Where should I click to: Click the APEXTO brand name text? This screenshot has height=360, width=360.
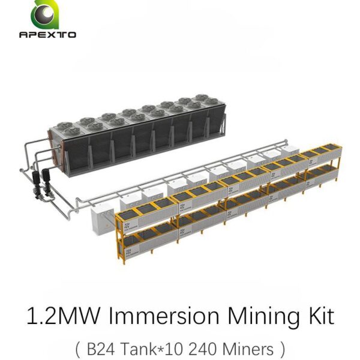pyautogui.click(x=48, y=35)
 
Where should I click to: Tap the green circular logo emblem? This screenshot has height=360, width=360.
pyautogui.click(x=45, y=14)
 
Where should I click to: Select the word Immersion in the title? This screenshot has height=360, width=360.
pyautogui.click(x=164, y=316)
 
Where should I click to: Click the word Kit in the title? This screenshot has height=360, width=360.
pyautogui.click(x=321, y=316)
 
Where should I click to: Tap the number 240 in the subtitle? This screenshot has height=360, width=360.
pyautogui.click(x=203, y=349)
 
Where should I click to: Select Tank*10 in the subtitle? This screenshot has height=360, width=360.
pyautogui.click(x=152, y=349)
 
